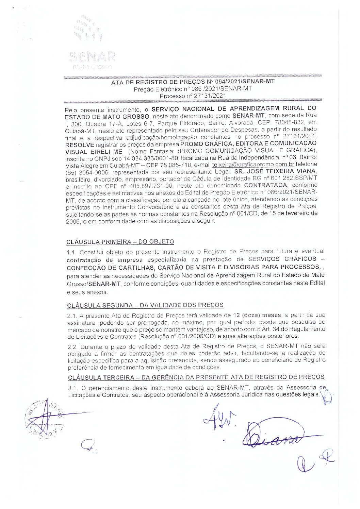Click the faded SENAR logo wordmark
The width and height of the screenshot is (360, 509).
92,56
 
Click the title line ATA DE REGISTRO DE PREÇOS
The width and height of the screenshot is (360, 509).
193,82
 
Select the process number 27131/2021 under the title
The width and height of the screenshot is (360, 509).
210,96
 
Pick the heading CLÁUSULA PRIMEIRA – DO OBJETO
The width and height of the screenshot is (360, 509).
120,242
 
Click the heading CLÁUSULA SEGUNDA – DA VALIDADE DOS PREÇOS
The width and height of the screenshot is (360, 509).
145,305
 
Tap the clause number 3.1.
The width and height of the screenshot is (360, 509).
72,388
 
